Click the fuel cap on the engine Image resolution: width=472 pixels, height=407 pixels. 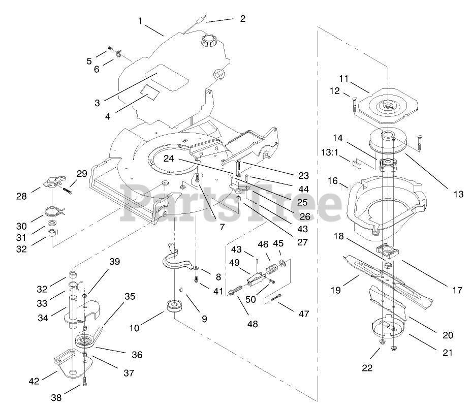tap(209, 39)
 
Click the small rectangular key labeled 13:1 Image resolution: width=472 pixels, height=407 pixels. tap(357, 164)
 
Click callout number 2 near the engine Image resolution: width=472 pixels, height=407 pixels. tap(242, 18)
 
